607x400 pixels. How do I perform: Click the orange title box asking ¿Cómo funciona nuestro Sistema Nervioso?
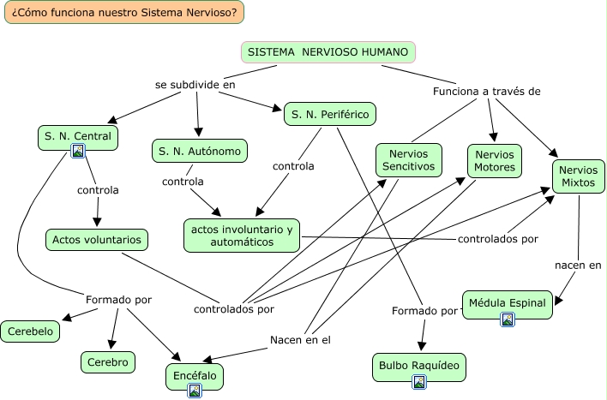coord(123,12)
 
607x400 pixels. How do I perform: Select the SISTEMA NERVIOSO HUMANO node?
coord(328,52)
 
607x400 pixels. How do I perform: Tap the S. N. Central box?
coord(77,135)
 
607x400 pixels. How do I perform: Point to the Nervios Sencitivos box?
coord(409,159)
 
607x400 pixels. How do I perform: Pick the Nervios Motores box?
coord(494,160)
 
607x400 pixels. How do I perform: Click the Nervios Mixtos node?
coord(579,176)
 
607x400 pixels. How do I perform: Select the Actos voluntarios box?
coord(96,240)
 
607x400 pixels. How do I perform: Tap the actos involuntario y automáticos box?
coord(242,236)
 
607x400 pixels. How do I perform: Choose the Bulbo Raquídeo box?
coord(419,367)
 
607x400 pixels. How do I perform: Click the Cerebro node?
coord(109,362)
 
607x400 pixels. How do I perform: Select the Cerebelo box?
coord(30,331)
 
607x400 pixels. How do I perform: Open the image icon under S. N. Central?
coord(78,152)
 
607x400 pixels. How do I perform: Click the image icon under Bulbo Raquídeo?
coord(419,382)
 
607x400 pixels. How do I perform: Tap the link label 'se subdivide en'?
coord(195,86)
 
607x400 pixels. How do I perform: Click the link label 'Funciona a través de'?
coord(486,92)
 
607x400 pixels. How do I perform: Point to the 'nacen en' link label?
coord(578,265)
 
